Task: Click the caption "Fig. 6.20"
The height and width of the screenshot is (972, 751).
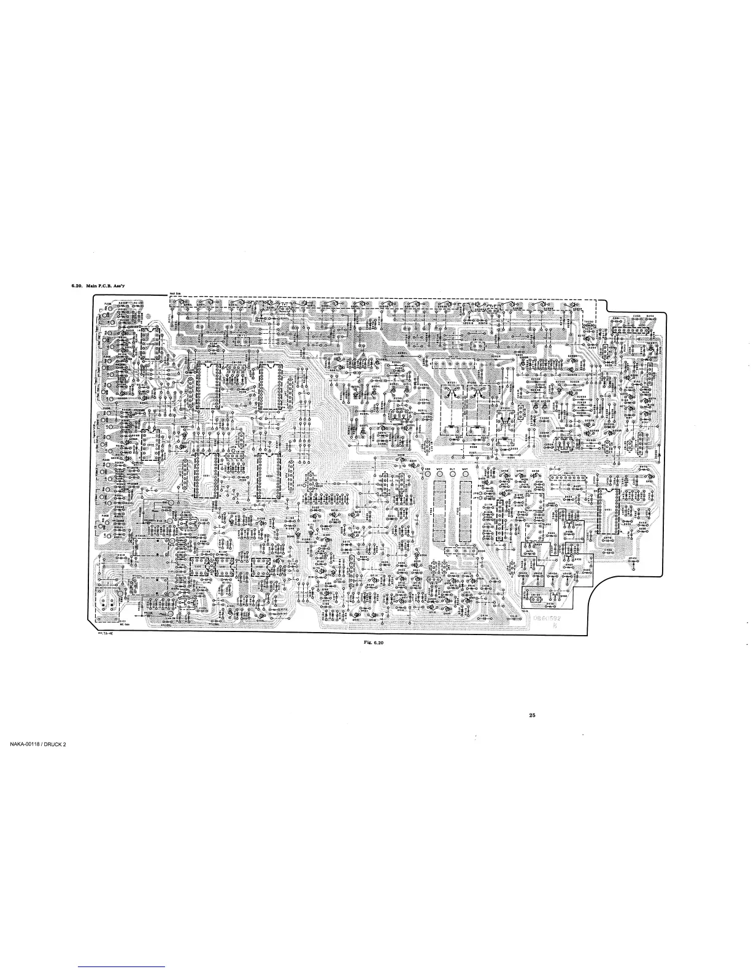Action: tap(369, 642)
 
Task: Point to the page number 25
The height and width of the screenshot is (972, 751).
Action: tap(532, 715)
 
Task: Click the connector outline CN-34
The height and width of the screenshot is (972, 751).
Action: tap(535, 595)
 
